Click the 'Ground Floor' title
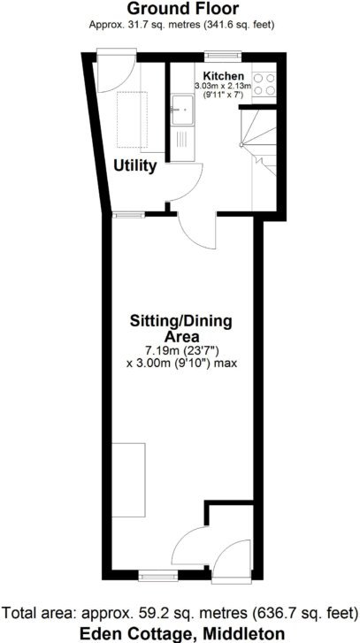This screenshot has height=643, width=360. coord(180,10)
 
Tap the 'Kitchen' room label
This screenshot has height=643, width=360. coord(223,77)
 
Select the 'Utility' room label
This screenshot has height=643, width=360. coord(134,165)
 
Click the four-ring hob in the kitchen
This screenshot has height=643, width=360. coord(264,83)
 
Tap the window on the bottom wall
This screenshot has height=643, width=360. coord(157,575)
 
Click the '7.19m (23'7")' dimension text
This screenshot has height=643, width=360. coord(180,350)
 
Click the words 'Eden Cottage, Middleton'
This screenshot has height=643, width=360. coord(180,632)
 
